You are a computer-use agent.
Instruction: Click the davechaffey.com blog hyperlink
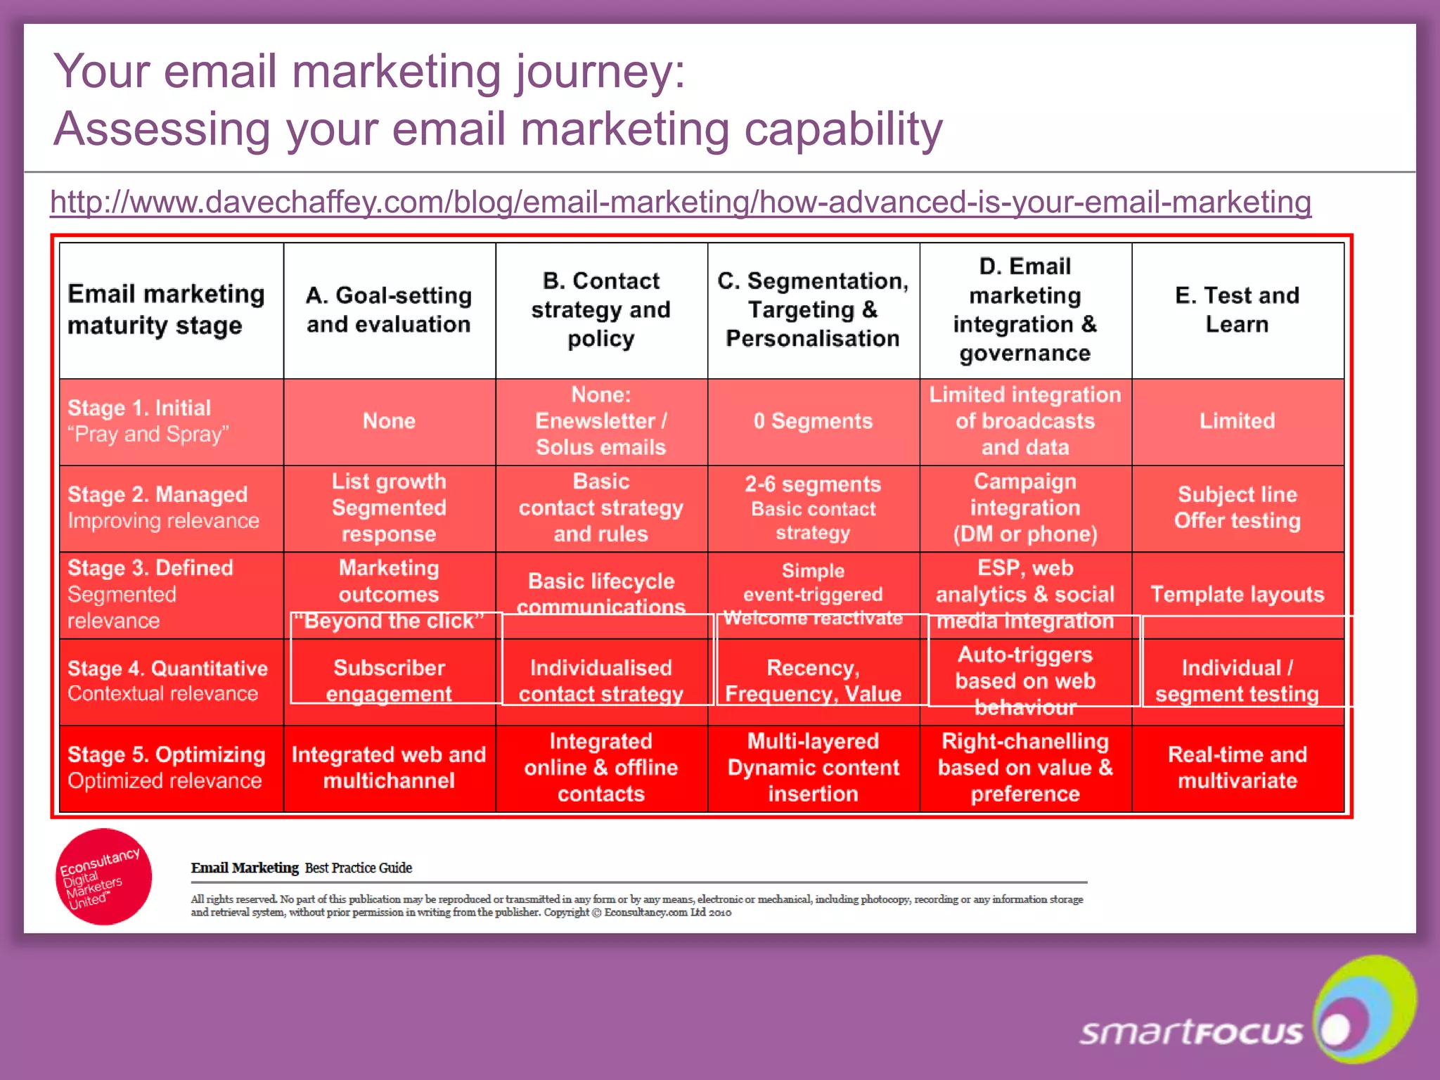click(x=680, y=202)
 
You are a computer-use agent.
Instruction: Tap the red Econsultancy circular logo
click(x=103, y=876)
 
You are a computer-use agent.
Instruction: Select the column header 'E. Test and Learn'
click(x=1237, y=309)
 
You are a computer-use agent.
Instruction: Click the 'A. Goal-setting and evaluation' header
click(x=389, y=309)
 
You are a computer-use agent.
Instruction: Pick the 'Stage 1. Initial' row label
click(x=139, y=409)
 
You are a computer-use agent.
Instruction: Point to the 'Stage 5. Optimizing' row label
click(x=166, y=754)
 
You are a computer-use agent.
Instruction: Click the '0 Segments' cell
click(x=813, y=421)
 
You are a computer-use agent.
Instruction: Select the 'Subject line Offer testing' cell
click(x=1237, y=507)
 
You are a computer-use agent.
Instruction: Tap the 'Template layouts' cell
click(x=1237, y=594)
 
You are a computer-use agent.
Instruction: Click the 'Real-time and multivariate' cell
click(x=1237, y=767)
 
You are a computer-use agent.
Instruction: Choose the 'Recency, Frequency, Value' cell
click(x=813, y=681)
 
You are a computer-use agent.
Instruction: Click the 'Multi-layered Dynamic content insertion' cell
click(x=813, y=767)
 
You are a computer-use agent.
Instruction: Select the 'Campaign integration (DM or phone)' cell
click(x=1024, y=507)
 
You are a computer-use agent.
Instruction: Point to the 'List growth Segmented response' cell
click(x=389, y=507)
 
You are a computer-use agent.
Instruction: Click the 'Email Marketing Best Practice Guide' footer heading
click(x=301, y=868)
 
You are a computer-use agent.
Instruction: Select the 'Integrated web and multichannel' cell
click(x=389, y=767)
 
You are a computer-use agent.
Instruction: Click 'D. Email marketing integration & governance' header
click(x=1024, y=309)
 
